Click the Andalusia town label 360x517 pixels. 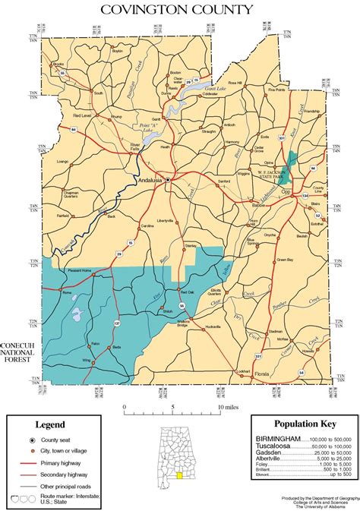coord(150,180)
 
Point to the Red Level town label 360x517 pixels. coord(81,115)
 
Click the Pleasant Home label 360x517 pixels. coord(80,270)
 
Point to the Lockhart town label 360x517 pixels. coord(242,371)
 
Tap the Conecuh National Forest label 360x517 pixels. coord(17,351)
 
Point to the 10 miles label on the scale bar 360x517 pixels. coord(228,407)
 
